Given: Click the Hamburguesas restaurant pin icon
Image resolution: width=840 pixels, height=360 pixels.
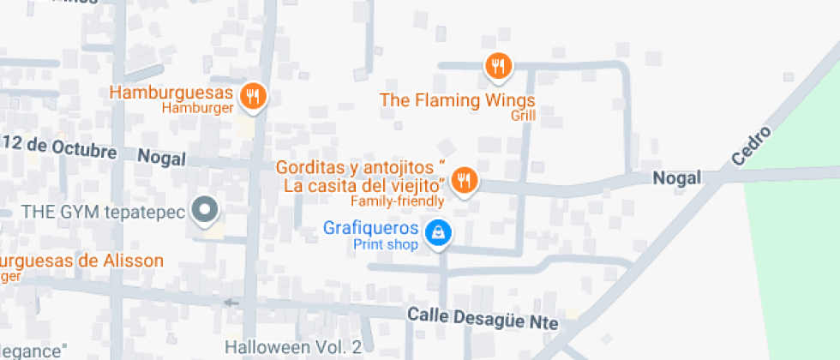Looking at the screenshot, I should pos(251,96).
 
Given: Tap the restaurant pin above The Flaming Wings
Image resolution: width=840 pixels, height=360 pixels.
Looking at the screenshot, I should pos(497,65).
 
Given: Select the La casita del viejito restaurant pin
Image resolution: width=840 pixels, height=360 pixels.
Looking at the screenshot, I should pos(465,180).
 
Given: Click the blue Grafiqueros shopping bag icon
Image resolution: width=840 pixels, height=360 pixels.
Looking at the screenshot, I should pos(438,232).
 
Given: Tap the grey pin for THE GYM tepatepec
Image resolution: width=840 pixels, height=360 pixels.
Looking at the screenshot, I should pos(204,210).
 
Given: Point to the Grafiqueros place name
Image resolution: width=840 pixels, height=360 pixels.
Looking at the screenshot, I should pos(371,229).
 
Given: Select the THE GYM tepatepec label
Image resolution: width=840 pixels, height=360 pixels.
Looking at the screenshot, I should pos(103,211).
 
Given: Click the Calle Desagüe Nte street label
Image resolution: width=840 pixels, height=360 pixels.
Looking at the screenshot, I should pos(483,319).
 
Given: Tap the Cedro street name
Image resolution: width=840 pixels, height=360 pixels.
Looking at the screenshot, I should pos(752,147).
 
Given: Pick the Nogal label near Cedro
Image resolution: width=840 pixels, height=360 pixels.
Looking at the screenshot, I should pos(677,178).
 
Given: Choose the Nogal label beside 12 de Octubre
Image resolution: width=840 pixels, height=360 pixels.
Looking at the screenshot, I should pos(162,158).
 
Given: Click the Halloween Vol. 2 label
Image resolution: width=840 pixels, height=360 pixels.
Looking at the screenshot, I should pos(293,347).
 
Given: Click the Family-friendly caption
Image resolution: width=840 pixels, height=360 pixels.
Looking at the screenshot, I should pos(398,201).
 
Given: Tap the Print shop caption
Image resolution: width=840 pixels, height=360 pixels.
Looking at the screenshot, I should pos(386,244).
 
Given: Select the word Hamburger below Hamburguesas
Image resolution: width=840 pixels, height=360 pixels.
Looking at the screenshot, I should pos(198,109).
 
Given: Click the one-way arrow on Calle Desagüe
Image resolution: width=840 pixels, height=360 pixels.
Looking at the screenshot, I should pos(231,303).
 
